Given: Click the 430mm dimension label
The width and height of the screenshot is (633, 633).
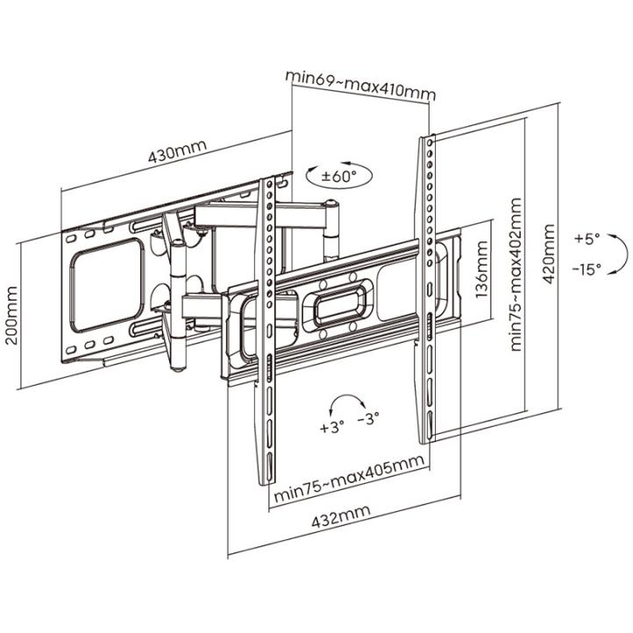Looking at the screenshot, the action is coord(177,151).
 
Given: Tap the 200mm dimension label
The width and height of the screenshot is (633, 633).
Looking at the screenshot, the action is coord(12,316).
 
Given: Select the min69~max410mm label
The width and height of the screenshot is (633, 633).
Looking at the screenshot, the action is coord(360,86).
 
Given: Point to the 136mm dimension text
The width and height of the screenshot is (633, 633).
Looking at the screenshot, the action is coord(481,270).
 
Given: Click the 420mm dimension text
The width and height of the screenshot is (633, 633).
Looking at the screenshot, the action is coord(548,254).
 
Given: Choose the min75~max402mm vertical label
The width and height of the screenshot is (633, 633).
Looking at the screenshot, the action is coord(516,274).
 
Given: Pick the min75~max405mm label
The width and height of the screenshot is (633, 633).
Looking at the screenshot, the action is coord(349,478).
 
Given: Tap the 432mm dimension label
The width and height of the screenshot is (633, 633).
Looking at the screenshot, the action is coord(341,516).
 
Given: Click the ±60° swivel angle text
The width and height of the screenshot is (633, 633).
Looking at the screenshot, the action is coord(339,176).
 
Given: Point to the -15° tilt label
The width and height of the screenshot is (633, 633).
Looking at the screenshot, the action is coord(587,268).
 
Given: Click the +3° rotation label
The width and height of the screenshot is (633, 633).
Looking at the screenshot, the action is coord(331,427).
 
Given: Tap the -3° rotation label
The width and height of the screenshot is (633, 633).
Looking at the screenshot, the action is coord(368,418).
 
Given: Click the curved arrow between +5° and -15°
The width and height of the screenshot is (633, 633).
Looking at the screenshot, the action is coord(627,253).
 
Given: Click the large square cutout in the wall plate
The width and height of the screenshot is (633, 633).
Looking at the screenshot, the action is coord(107,285).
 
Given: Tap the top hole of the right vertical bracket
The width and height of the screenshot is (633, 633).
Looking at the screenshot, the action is coord(430,143).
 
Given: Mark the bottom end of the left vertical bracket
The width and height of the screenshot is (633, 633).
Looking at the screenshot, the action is coord(267,483).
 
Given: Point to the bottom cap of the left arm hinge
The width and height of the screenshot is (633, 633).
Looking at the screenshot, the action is coord(178,368).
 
